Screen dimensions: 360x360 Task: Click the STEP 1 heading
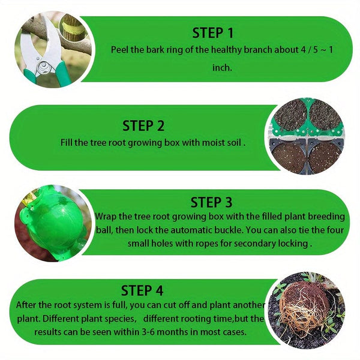[212, 32]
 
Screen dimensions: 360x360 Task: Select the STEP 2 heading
[143, 125]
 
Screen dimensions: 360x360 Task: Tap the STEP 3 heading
[211, 202]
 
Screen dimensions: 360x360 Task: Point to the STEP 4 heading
[142, 290]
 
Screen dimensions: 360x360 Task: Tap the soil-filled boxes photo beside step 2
[307, 136]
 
